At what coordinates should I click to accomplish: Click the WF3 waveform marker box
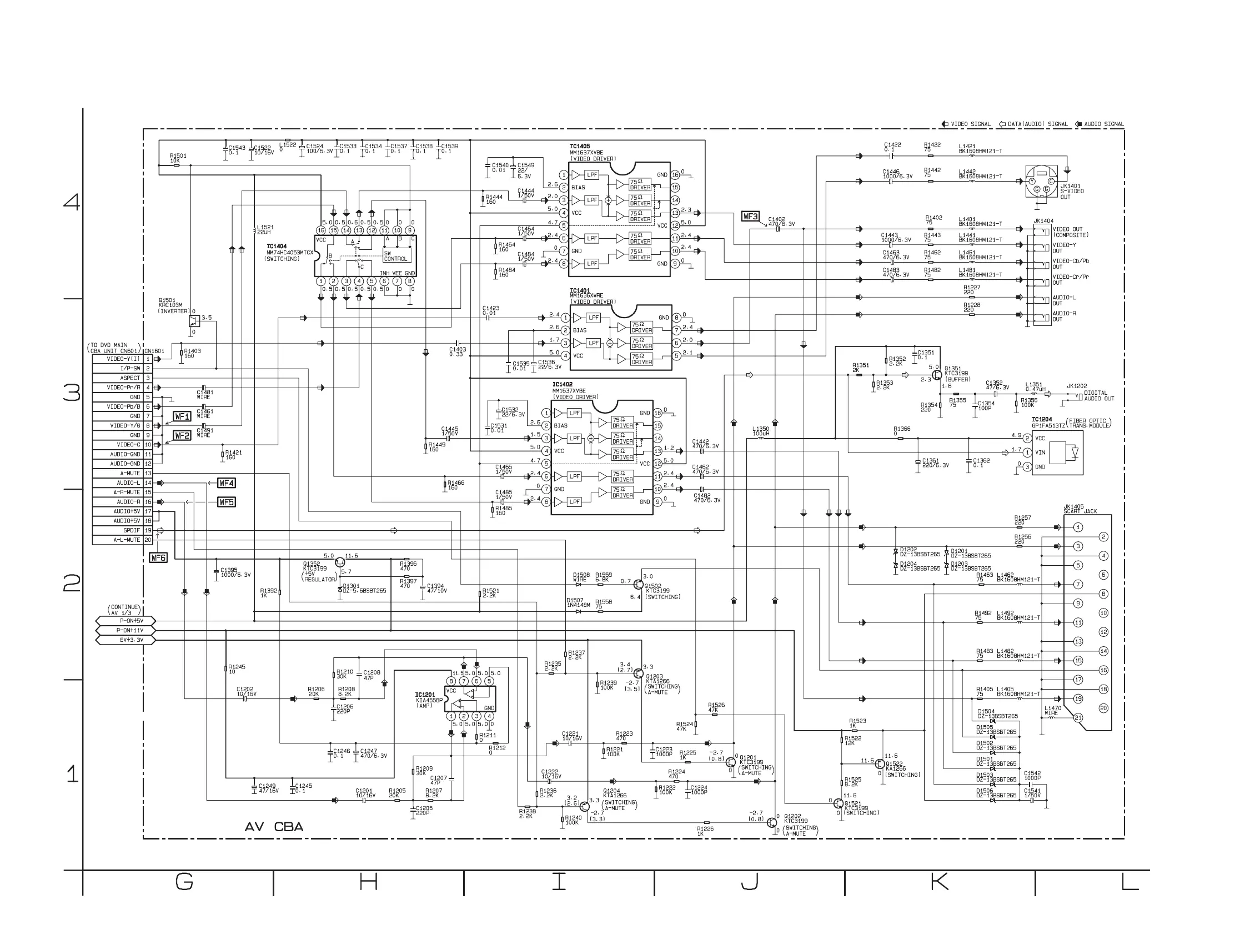tap(750, 216)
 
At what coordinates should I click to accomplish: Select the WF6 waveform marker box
tap(158, 557)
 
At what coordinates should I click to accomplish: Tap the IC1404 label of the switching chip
tap(277, 247)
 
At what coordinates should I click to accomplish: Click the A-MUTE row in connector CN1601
tap(122, 473)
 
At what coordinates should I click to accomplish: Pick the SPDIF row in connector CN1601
tap(122, 530)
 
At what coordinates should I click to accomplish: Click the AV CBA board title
tap(274, 827)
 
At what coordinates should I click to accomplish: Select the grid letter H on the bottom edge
tap(368, 881)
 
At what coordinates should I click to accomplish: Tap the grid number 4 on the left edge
tap(71, 202)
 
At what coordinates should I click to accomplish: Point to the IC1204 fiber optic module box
tap(1057, 453)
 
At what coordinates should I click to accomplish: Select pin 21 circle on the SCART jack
tap(1078, 718)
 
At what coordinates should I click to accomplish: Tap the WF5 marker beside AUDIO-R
tap(227, 502)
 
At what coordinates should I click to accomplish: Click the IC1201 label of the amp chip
tap(425, 695)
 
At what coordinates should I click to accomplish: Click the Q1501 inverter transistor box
tap(194, 321)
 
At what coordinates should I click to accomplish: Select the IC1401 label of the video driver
tap(580, 291)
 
